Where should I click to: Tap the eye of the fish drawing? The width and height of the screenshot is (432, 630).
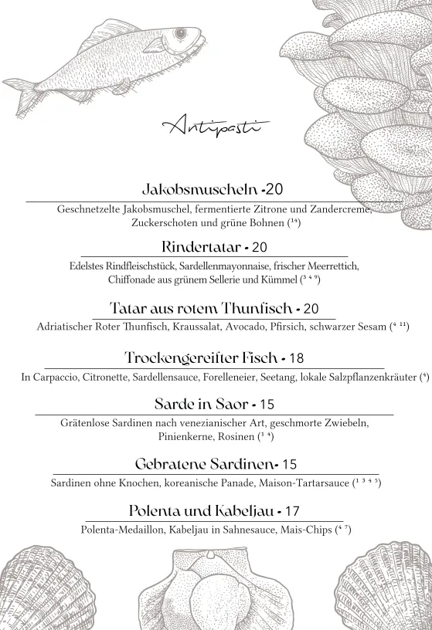point(180,35)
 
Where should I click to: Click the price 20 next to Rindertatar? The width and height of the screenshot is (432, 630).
point(260,248)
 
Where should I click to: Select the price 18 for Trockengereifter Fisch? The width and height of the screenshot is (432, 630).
point(296,358)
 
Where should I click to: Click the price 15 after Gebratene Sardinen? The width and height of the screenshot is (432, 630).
point(289,465)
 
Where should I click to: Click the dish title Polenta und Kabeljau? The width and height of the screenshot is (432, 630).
point(199,511)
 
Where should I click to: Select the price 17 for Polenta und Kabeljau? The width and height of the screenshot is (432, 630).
point(292,511)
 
